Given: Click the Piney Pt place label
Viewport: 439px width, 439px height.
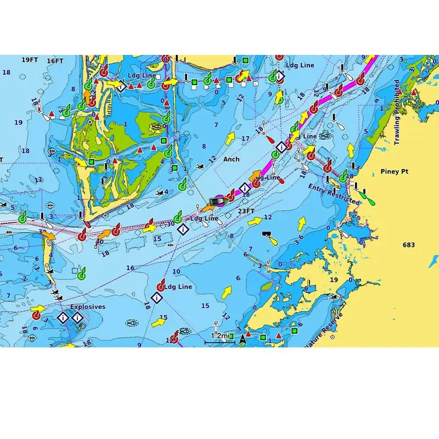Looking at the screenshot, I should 394,172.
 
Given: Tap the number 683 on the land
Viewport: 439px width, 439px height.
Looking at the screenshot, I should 409,245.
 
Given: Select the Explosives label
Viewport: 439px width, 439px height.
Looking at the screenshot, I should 87,307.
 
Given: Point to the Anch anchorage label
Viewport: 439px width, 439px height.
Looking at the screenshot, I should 231,159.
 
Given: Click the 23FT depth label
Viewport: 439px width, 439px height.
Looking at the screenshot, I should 246,211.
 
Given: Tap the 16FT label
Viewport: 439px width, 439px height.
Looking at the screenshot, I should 55,61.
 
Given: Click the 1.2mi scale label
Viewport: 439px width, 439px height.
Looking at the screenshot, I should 220,335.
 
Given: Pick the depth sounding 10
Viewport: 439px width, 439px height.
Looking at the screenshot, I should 176,272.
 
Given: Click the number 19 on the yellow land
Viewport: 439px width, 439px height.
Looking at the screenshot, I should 334,280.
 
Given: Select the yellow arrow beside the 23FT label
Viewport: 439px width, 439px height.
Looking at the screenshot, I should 254,221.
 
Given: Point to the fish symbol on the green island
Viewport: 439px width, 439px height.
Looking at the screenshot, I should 157,126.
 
